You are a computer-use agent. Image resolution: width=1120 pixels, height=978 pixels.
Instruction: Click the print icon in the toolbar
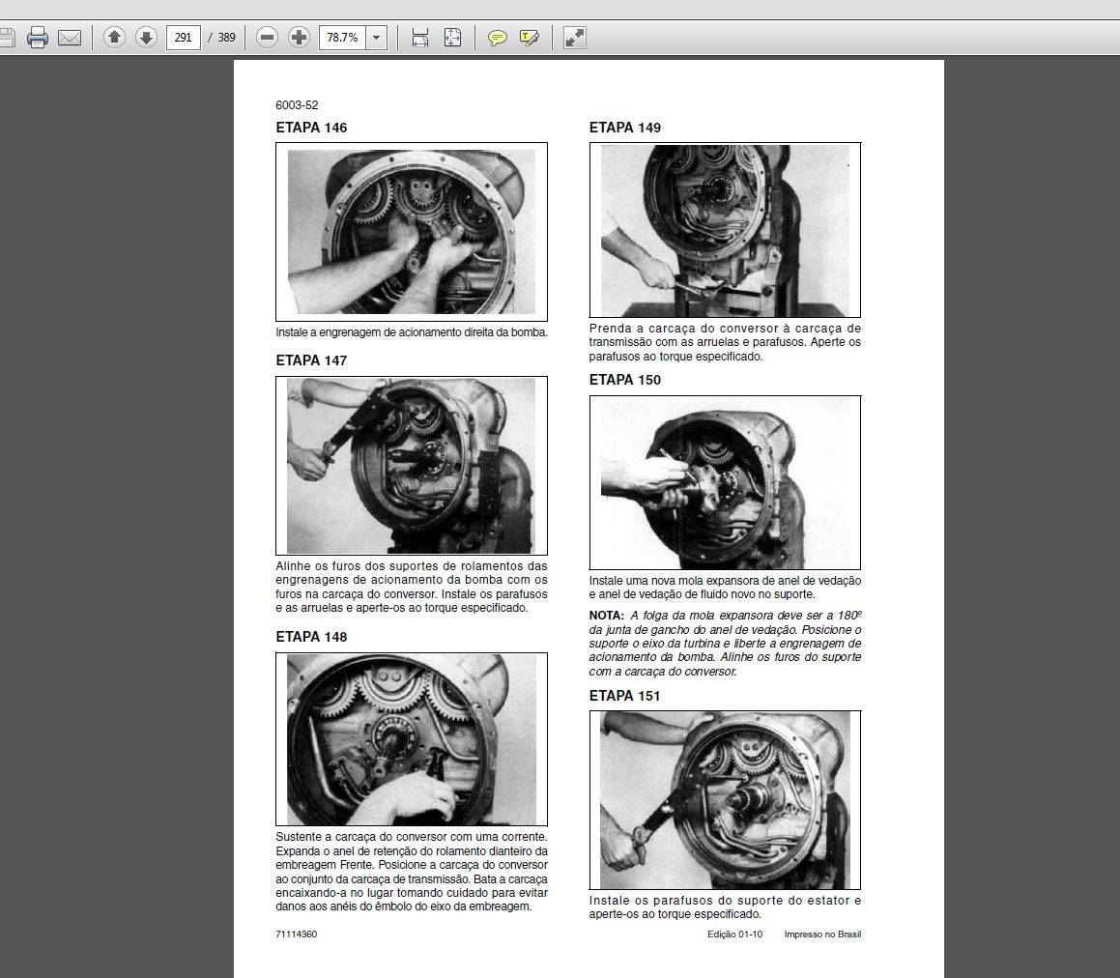tap(37, 37)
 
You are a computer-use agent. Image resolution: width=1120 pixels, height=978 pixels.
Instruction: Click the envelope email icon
tap(70, 37)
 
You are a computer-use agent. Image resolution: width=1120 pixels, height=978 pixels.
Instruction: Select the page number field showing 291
tap(183, 37)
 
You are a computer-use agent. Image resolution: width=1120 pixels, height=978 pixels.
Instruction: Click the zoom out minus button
tap(267, 37)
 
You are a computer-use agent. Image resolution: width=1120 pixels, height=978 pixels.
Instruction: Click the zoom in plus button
tap(299, 37)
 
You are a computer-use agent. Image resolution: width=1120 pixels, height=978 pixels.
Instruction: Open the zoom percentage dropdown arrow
tap(377, 38)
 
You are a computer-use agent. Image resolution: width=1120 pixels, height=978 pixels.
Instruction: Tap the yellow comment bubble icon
tap(497, 38)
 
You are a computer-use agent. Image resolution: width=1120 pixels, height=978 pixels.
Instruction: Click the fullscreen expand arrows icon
tap(575, 37)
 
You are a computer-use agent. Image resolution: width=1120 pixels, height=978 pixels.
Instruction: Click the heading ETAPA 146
tap(311, 128)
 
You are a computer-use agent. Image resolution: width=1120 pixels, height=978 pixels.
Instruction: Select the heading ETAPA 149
tap(625, 128)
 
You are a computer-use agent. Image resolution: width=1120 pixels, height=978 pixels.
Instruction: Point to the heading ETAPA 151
tap(624, 696)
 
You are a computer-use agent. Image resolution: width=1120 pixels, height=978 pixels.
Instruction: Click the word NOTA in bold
tap(607, 615)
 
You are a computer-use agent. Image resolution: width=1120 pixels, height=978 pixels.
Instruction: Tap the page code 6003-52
tap(297, 105)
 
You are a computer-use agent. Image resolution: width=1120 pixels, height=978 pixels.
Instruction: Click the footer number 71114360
tap(297, 934)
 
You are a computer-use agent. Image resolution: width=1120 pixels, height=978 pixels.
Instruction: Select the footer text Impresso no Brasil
tap(823, 934)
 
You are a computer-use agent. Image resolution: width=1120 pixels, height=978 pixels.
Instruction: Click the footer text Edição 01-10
tap(735, 934)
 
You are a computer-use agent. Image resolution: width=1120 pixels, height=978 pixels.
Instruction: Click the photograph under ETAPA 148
tap(412, 739)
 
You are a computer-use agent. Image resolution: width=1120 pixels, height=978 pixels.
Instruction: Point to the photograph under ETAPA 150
tap(725, 482)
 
